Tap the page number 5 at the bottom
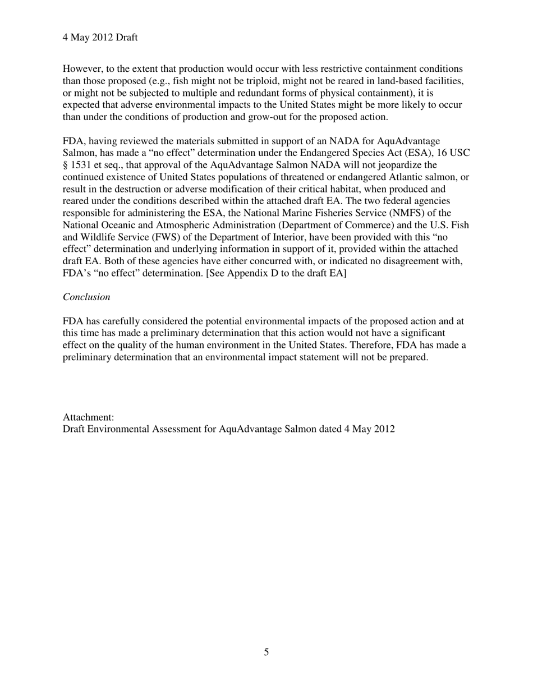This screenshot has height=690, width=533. (266, 652)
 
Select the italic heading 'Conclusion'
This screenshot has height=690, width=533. (86, 297)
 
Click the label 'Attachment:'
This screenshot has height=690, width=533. (89, 417)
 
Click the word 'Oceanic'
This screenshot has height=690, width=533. (116, 225)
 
